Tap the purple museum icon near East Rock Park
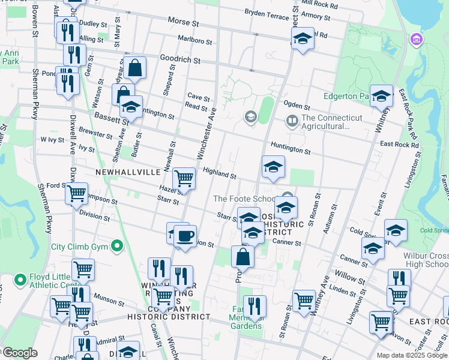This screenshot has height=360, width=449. click(x=415, y=40)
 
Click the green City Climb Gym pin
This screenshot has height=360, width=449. click(x=118, y=246)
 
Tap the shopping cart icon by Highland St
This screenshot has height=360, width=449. click(x=184, y=178)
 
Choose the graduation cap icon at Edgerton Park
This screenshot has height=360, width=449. click(x=381, y=96)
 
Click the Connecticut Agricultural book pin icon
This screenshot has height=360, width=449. click(x=292, y=121)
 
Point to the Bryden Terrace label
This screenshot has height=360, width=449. click(x=267, y=15)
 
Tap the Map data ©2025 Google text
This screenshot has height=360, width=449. click(x=412, y=355)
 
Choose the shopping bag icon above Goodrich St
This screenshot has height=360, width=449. click(x=136, y=68)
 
